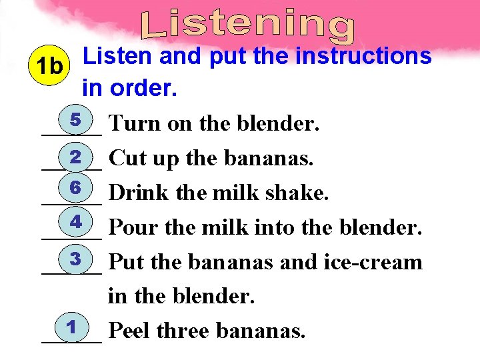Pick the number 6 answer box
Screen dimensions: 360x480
75,189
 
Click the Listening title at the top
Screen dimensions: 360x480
248,23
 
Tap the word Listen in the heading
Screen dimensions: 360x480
117,57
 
